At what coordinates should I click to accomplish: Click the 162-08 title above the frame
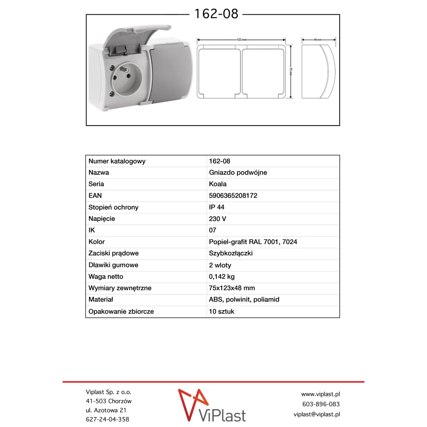pos(216,14)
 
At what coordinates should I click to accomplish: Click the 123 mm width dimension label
pos(242,40)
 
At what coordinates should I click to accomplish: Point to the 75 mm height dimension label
pos(291,71)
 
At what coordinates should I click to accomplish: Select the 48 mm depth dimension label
pos(318,40)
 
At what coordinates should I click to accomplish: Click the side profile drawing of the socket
pos(318,71)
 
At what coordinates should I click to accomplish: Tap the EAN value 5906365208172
pos(233,196)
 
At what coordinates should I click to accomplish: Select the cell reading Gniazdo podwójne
pos(238,173)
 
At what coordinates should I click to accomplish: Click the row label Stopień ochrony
pos(114,207)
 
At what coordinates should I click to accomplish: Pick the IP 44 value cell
pos(217,207)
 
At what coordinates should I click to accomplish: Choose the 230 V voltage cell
pos(217,219)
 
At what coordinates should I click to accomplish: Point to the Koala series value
pos(218,184)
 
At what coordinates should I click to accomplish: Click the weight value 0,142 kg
pos(222,276)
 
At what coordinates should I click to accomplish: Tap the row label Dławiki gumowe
pos(114,265)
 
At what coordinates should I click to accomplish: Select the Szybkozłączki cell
pos(231,253)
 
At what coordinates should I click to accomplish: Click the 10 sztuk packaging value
pos(222,311)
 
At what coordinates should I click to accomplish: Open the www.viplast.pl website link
pos(320,394)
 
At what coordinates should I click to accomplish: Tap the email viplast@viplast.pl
pos(317,414)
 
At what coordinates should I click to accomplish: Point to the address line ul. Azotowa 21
pos(106,410)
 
